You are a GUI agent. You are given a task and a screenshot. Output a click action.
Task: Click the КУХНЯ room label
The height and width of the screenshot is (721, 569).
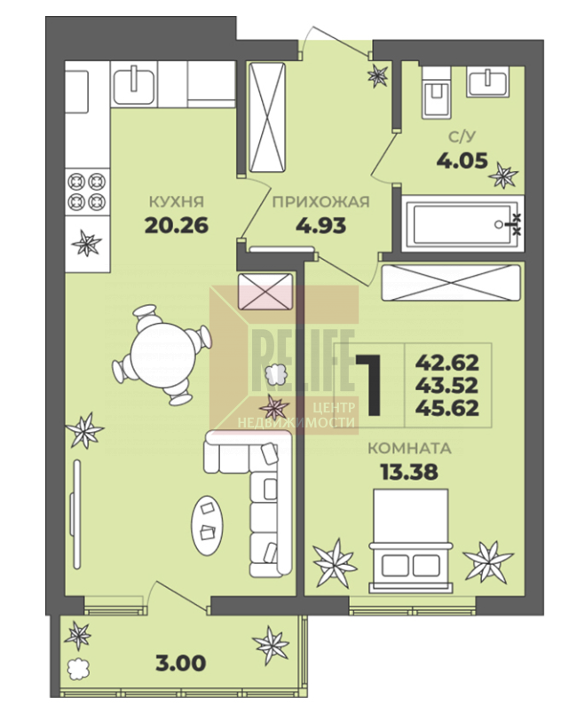click(177, 202)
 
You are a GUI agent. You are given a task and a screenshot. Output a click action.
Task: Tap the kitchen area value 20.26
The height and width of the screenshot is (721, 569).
click(177, 226)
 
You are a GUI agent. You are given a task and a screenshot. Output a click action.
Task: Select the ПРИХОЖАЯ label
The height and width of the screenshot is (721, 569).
click(320, 202)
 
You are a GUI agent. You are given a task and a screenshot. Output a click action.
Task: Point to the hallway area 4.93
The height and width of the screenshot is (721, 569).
click(320, 226)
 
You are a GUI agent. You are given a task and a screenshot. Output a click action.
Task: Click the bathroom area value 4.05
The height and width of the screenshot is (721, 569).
click(462, 161)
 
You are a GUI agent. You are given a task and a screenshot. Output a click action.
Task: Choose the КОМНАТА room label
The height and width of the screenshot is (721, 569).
click(409, 449)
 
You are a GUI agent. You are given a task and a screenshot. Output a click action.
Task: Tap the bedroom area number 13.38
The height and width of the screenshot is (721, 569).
click(409, 472)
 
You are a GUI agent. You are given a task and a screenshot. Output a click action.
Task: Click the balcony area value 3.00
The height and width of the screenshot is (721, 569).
click(180, 663)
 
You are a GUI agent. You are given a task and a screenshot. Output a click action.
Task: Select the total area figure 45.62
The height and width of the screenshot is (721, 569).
click(447, 408)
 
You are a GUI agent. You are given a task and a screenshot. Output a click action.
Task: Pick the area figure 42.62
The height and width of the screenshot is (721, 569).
click(447, 363)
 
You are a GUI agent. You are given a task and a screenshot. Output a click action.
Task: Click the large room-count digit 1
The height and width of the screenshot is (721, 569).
click(369, 385)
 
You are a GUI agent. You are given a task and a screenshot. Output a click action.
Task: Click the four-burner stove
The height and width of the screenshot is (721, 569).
click(88, 192)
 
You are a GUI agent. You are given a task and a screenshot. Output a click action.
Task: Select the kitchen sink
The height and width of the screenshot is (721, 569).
click(133, 84)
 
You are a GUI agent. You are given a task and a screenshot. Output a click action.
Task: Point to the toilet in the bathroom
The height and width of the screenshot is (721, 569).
click(436, 93)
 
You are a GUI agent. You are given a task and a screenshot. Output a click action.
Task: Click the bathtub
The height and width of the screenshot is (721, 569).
click(462, 224)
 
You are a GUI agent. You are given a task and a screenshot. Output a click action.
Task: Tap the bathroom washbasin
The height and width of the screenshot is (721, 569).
click(488, 82)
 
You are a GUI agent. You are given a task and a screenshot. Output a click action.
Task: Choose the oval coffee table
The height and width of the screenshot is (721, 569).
click(208, 525)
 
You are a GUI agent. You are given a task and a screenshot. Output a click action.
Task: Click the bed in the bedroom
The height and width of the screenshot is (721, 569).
click(411, 541)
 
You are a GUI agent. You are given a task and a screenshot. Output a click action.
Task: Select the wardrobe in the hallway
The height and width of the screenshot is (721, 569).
click(266, 117)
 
